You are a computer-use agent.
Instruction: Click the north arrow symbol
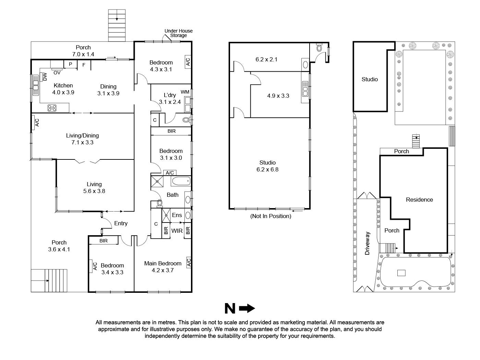tap(240, 309)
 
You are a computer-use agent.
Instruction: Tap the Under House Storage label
tap(178, 33)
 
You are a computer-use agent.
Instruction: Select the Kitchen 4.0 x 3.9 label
tap(63, 89)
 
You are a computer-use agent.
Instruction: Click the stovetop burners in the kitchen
tap(52, 108)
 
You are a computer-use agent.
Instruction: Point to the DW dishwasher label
tap(45, 77)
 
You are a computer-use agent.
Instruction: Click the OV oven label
tap(57, 73)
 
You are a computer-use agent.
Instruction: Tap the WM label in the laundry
tap(185, 92)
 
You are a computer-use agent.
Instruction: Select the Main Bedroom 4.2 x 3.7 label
tap(163, 266)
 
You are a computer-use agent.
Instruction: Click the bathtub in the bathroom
tap(180, 181)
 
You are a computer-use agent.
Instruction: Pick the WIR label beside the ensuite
tap(177, 231)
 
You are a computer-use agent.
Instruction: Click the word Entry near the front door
tap(121, 223)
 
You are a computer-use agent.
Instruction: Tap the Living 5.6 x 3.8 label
tap(94, 188)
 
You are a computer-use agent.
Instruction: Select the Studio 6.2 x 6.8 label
tap(267, 166)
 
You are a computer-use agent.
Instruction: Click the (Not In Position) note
tap(271, 216)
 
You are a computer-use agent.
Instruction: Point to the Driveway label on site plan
tap(368, 243)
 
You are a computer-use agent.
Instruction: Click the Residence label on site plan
tap(419, 200)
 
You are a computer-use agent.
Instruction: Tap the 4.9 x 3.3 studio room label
tap(278, 96)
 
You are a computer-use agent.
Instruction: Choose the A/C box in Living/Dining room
tap(37, 123)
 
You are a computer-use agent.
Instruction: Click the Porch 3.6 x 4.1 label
tap(59, 246)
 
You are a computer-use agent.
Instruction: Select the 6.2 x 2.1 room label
tap(266, 59)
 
